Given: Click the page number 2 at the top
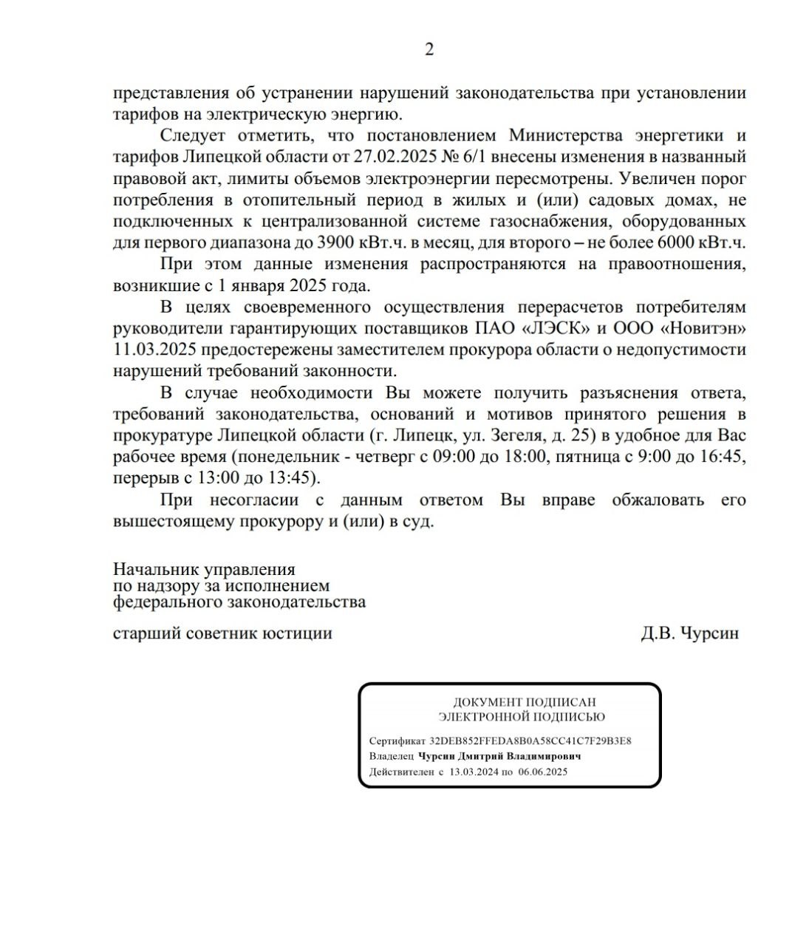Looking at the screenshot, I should point(429,50).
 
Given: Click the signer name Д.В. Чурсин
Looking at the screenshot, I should point(689,633).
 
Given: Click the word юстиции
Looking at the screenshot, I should point(296,633).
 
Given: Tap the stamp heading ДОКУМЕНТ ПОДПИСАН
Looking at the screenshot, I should point(524,702).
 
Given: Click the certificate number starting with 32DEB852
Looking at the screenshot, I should point(530,741).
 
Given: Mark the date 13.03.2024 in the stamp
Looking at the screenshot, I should point(474,772).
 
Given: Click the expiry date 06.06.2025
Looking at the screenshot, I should point(542,772).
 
